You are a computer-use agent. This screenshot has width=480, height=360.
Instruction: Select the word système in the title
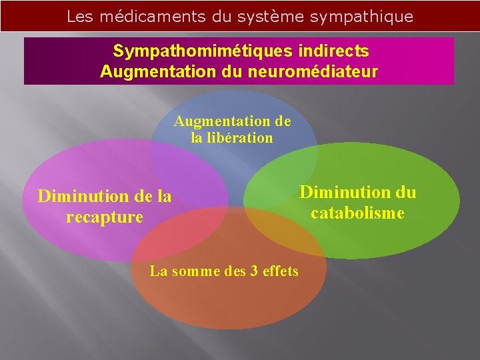click(271, 17)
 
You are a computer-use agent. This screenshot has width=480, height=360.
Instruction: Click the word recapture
click(105, 217)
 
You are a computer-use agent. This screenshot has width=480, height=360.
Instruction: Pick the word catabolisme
click(357, 213)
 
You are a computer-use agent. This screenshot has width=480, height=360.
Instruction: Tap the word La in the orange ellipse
click(159, 271)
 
